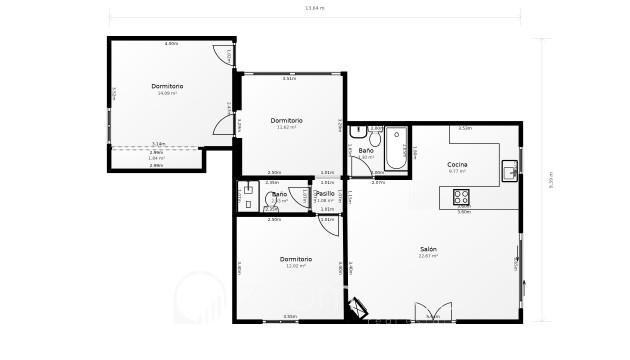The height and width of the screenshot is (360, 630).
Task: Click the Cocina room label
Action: click(458, 163)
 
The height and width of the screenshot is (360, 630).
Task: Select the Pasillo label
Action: click(325, 193)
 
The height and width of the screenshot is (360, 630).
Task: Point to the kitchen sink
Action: click(509, 170)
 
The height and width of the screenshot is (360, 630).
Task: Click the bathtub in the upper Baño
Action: click(397, 150)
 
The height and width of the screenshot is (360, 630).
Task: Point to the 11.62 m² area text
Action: click(287, 128)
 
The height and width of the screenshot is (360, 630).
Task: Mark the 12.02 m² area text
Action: click(295, 266)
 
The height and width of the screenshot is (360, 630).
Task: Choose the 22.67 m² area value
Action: click(429, 256)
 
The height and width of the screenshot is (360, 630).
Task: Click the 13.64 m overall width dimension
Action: click(315, 8)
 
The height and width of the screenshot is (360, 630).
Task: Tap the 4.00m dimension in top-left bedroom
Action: click(171, 44)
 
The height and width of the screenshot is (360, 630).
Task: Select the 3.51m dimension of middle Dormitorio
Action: click(288, 78)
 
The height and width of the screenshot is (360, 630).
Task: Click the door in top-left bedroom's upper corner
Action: click(222, 56)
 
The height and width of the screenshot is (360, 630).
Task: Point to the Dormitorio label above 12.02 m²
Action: click(295, 259)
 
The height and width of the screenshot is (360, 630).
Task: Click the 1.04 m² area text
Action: click(156, 158)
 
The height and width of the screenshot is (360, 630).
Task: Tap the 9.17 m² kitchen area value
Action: click(458, 171)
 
